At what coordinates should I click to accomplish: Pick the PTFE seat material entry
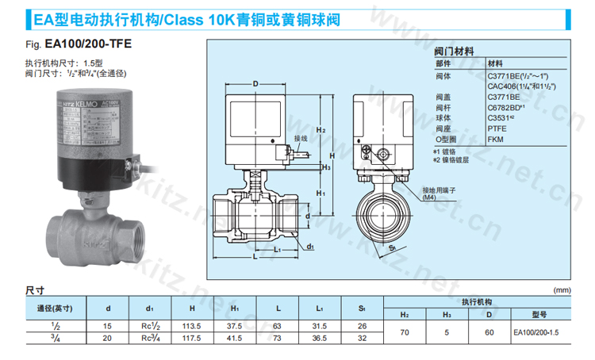point(497,128)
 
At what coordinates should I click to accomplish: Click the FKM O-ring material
point(494,138)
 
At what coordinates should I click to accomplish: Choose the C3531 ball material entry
point(501,117)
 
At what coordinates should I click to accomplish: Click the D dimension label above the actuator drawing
point(256,83)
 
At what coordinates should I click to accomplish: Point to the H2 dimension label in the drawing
point(321,129)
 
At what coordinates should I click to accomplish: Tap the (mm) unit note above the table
point(562,291)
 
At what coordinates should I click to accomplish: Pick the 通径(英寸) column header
point(55,308)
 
